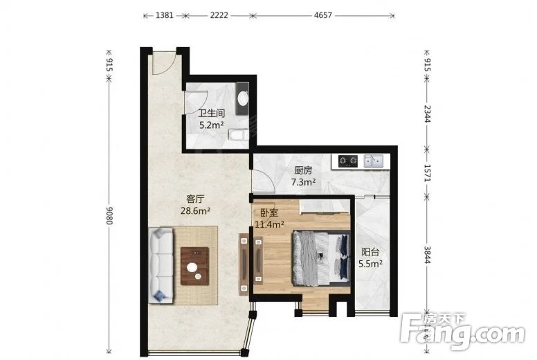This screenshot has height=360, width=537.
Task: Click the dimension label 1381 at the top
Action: tap(165, 15)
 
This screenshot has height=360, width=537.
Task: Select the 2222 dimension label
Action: tap(219, 15)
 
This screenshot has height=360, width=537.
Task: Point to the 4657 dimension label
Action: tap(323, 15)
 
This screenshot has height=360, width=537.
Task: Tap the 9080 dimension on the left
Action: tap(109, 215)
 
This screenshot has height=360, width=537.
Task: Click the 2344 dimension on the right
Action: tap(427, 114)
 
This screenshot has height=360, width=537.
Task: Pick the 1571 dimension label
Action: tap(427, 172)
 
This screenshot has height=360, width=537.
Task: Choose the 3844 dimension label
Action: tap(427, 255)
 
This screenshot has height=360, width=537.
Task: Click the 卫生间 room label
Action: tap(212, 114)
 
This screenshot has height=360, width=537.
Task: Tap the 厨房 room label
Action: tap(303, 170)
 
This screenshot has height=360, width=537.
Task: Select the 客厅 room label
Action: tap(195, 199)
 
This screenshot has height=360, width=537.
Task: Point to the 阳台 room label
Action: tap(370, 253)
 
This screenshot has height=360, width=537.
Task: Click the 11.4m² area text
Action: tap(269, 225)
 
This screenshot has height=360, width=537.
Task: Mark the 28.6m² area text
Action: tap(195, 211)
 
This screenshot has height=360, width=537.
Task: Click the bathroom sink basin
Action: tap(243, 98)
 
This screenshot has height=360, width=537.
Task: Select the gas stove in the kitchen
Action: tap(348, 161)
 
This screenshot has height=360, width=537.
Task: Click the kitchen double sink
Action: tap(373, 161)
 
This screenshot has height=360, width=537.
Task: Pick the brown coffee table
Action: tap(195, 266)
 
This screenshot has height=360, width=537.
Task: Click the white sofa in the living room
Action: tap(161, 265)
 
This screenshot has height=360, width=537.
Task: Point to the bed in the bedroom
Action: tap(321, 258)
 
